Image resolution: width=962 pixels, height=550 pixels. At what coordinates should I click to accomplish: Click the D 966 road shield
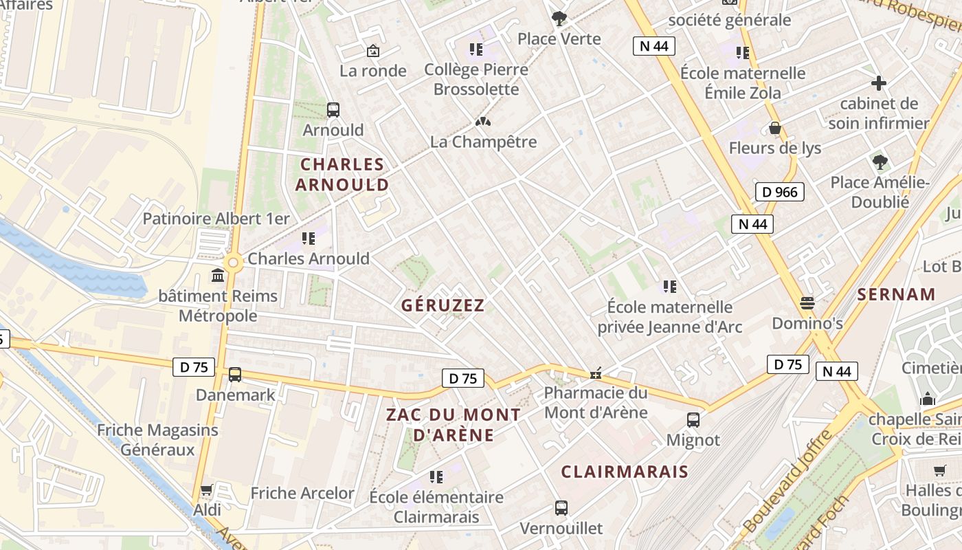pos(780,192)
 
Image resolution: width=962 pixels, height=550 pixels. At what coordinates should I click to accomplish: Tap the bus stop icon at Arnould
pos(333,109)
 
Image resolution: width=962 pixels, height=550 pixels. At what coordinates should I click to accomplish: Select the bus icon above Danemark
pos(235,375)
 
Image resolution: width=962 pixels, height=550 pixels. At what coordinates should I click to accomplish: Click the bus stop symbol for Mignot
pos(693,419)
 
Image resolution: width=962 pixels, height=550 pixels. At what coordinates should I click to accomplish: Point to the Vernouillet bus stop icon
pos(561,508)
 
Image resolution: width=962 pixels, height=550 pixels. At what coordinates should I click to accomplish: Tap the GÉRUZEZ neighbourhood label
pos(443,305)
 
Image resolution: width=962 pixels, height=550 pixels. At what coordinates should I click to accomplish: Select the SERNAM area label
pos(897,295)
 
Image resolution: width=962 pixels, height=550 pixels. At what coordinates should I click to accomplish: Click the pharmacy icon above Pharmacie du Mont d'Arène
pos(596,373)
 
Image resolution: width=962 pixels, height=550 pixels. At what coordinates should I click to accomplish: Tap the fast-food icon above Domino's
pos(807,302)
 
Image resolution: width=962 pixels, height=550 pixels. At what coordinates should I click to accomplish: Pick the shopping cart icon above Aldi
pos(207,490)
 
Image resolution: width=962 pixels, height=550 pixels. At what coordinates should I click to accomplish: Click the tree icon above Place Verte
pos(559,19)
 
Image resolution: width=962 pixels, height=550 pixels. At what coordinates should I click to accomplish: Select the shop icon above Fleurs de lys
pos(775,128)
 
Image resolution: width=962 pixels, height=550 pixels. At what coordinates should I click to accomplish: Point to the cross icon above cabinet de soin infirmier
pos(878,84)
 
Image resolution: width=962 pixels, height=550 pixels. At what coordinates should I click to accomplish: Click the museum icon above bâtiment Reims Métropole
pos(218,276)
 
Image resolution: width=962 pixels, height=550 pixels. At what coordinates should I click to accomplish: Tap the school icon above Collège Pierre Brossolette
pos(476,49)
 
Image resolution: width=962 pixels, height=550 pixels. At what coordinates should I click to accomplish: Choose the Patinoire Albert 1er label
pos(216,219)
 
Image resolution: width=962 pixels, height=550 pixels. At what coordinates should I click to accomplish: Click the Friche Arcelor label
pos(302,493)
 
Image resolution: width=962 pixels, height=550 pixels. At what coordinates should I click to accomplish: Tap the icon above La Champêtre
pos(483,122)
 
